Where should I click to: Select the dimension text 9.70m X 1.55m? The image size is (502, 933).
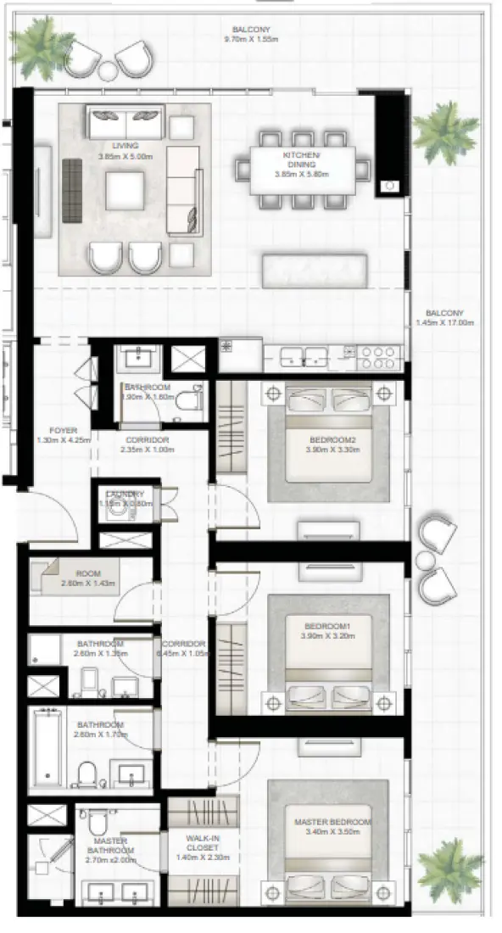pos(246,40)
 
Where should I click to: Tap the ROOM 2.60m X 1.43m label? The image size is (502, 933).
pos(87,579)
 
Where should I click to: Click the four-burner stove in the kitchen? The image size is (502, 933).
pos(379,356)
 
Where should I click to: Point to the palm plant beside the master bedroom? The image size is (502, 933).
pos(449,869)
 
